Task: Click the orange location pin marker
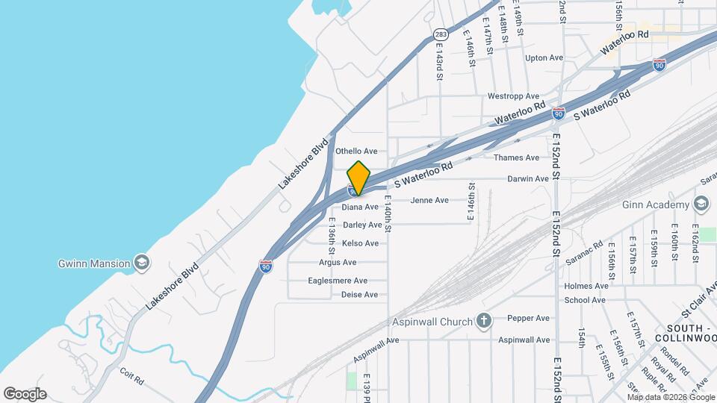tap(359, 178)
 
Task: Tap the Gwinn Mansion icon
tap(141, 263)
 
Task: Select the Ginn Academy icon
tap(701, 205)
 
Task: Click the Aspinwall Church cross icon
tap(484, 322)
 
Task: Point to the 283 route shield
tap(441, 34)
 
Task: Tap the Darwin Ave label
tap(528, 179)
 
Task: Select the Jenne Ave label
tap(429, 200)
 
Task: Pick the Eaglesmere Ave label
tap(338, 281)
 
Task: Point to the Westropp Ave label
tap(512, 96)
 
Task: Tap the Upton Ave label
tap(544, 57)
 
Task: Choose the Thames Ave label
tap(516, 157)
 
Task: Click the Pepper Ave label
tap(528, 318)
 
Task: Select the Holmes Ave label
tap(586, 286)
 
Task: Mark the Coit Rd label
tap(131, 379)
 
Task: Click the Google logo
tap(25, 394)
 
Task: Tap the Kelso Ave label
tap(360, 243)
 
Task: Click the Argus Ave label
tap(337, 262)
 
